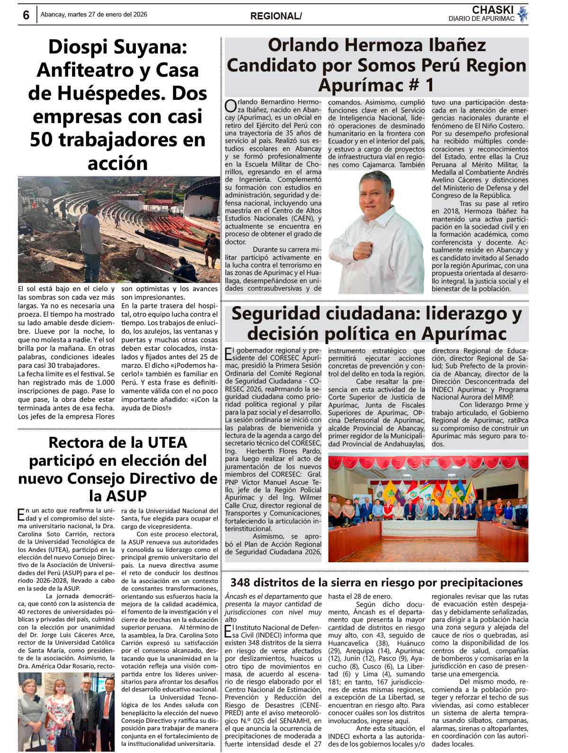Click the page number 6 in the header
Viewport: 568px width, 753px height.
click(x=26, y=15)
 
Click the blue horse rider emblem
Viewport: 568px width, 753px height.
click(x=522, y=14)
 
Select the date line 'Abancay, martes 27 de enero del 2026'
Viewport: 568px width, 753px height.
click(x=94, y=14)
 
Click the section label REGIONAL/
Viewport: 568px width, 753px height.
click(x=275, y=16)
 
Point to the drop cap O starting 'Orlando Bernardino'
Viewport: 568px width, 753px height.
click(x=230, y=106)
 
